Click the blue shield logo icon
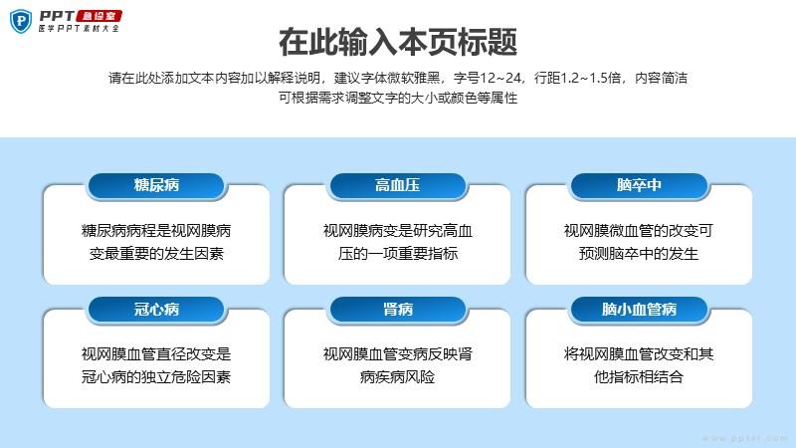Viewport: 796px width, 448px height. (x=21, y=21)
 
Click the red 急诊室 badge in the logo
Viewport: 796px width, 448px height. (x=99, y=16)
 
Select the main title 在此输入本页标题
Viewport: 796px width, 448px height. (x=398, y=42)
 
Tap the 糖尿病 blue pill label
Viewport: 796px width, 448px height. (x=156, y=185)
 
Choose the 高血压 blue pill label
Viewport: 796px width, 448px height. (x=397, y=185)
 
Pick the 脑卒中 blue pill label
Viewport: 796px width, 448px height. (x=639, y=185)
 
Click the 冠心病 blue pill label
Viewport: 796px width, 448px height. (x=156, y=310)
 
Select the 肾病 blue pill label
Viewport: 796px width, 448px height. (x=397, y=310)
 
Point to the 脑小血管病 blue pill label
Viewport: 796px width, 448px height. (x=639, y=310)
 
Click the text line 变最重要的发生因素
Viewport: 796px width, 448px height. (x=156, y=254)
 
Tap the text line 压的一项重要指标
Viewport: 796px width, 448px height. (x=398, y=254)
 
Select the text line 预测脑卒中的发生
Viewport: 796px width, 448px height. (x=639, y=254)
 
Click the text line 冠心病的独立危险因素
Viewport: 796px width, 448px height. (x=156, y=377)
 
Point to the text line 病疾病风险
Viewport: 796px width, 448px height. (x=397, y=377)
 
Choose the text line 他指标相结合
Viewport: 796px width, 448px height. (x=639, y=377)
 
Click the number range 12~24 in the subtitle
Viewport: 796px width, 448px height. (x=500, y=78)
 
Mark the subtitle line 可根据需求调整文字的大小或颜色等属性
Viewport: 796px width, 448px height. (x=398, y=98)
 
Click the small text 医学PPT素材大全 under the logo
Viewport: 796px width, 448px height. (x=79, y=29)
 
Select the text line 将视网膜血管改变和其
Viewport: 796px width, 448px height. (x=639, y=354)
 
